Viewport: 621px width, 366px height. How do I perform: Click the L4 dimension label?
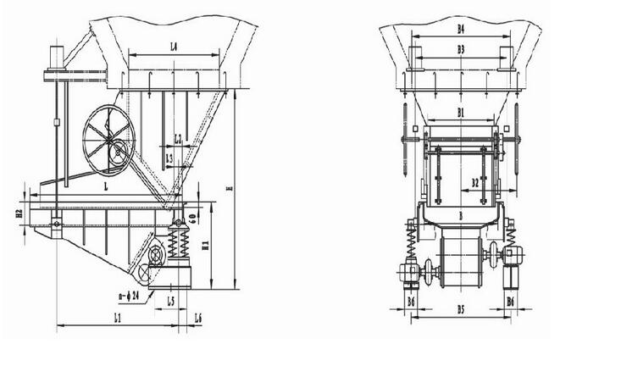(x=173, y=47)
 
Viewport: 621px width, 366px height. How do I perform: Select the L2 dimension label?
(x=178, y=138)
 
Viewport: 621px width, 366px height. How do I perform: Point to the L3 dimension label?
(x=169, y=158)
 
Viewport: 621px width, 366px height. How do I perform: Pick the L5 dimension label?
(x=171, y=301)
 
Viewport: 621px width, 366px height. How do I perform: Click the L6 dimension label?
(x=197, y=318)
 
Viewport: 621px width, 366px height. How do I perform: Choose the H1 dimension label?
(x=205, y=244)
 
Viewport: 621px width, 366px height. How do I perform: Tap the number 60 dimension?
(x=193, y=218)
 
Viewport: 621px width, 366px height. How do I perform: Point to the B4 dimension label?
(x=461, y=29)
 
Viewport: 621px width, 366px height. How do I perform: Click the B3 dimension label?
(x=461, y=50)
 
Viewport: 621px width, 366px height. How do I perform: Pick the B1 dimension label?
(x=461, y=111)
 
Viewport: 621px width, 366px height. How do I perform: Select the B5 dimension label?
(x=461, y=310)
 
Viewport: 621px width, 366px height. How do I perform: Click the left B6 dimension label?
(x=411, y=301)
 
